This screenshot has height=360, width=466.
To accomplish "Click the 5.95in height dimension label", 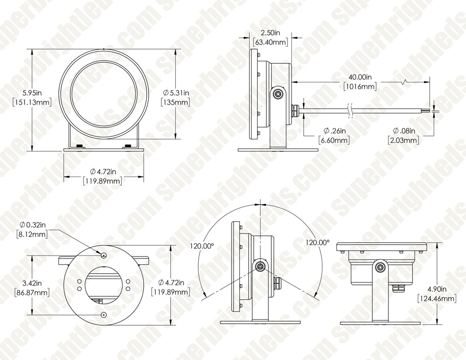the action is [x=32, y=93].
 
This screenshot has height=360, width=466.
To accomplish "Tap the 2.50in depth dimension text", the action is [x=270, y=33].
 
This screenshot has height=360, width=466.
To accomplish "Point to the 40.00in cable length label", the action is [x=360, y=77].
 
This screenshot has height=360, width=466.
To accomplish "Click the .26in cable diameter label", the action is [x=335, y=130].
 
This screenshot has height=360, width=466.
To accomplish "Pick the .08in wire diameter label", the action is [x=404, y=130].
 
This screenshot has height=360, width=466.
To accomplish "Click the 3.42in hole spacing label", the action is [x=32, y=283].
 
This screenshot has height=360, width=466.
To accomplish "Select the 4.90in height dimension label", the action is [x=437, y=289].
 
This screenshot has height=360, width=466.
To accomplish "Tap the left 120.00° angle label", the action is [x=202, y=246].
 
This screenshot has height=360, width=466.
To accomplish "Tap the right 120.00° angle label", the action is [x=318, y=242].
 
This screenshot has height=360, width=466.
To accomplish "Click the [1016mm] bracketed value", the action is [x=360, y=86].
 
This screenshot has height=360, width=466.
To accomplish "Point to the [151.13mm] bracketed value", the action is [x=32, y=103].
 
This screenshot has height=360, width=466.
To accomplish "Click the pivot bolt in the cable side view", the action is [x=279, y=94].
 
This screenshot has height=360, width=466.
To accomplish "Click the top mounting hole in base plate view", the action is [x=104, y=256].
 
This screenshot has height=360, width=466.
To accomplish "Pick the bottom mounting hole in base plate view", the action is [x=104, y=315].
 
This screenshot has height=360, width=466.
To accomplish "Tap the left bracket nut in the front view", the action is [x=79, y=146].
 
